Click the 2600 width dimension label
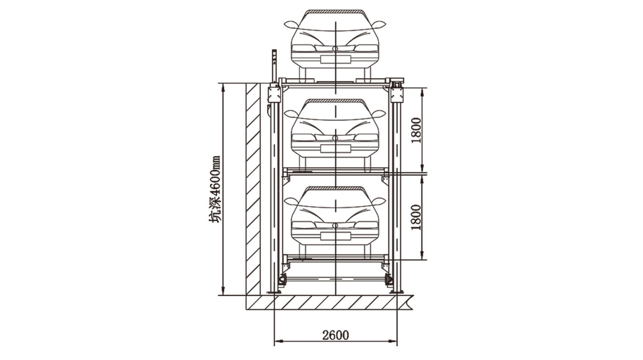tap(335, 335)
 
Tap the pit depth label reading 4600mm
tap(214, 190)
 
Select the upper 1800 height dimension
tap(416, 130)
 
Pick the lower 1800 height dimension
tap(416, 217)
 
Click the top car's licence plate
tap(335, 59)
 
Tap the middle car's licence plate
tap(335, 148)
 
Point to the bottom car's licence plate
tap(335, 236)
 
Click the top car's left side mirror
tap(291, 25)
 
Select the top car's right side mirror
tap(379, 25)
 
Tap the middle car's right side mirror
tap(379, 114)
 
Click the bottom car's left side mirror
tap(291, 201)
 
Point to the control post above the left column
tap(73, 66)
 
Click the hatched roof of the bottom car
tap(335, 188)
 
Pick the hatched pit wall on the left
tap(253, 189)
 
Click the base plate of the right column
tap(397, 292)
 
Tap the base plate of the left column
tap(274, 292)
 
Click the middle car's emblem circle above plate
tap(335, 138)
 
